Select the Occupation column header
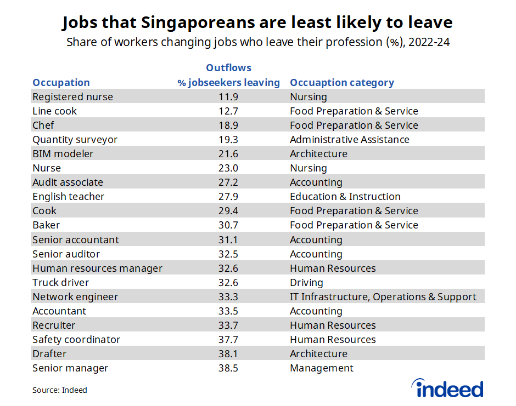(61, 83)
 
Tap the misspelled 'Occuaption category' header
(341, 83)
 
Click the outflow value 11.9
(228, 97)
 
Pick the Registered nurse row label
(72, 97)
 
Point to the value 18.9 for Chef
(228, 125)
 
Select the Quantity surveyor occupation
(75, 140)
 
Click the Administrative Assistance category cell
(349, 140)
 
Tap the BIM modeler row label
(63, 154)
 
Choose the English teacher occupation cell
(68, 197)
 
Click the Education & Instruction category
(345, 197)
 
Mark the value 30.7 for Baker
(228, 225)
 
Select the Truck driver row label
(60, 283)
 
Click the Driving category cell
(306, 283)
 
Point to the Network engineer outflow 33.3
(228, 297)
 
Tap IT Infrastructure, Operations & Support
(383, 297)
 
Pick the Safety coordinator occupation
(76, 340)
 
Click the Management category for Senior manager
(322, 368)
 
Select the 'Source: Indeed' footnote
(59, 390)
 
